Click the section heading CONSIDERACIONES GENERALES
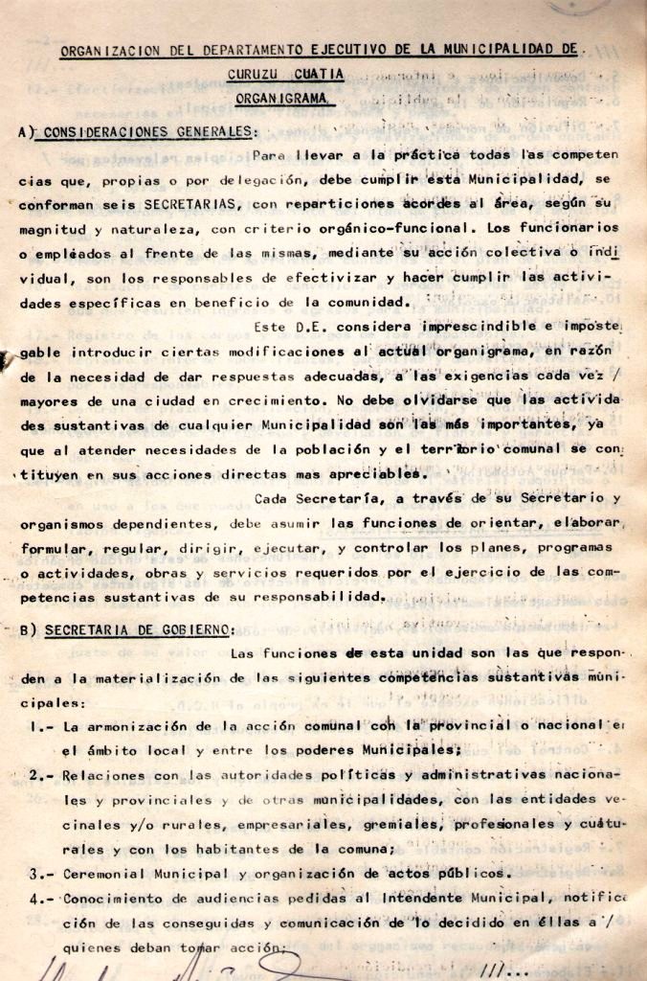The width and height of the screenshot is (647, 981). [x=145, y=131]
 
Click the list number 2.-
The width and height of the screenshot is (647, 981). [x=42, y=775]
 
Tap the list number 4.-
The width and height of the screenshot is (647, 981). [x=42, y=899]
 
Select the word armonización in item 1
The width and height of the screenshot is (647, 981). [x=133, y=727]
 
